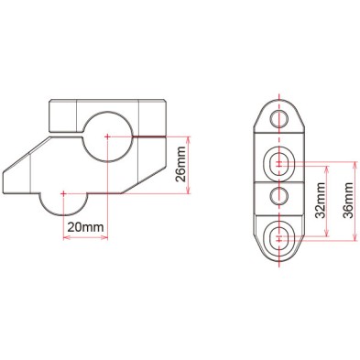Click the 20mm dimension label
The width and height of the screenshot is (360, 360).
tap(84, 226)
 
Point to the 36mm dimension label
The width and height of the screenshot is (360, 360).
tap(348, 201)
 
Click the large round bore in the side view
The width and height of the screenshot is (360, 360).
tap(108, 136)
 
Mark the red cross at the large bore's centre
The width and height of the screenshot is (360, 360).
tap(108, 137)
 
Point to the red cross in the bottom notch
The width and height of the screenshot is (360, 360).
tap(62, 193)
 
